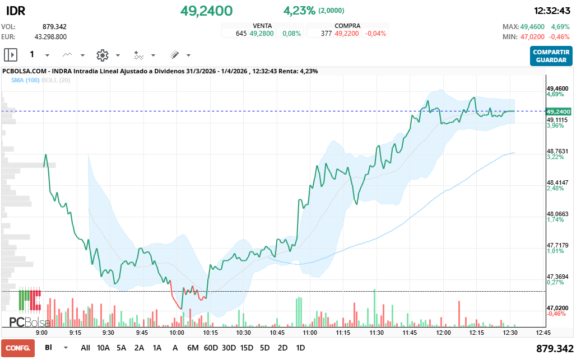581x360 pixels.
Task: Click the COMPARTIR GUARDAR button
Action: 551,56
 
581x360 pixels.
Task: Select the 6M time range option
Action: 193,348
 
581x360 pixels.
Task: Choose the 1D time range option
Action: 300,348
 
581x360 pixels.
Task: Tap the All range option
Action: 85,348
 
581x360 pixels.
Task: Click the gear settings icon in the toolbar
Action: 103,55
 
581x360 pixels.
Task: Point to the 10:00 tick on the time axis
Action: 176,333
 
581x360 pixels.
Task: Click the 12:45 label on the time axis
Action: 543,333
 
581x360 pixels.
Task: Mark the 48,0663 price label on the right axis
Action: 557,214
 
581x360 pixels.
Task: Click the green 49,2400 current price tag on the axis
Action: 559,111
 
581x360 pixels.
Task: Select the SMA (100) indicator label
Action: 25,80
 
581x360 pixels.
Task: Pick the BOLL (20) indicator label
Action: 55,80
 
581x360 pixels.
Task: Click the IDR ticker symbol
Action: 16,11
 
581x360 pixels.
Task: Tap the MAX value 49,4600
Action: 532,27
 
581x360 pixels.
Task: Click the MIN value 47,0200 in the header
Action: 532,36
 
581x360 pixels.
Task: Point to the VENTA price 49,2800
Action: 262,34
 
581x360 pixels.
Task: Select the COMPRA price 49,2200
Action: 347,34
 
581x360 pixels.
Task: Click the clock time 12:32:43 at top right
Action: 552,11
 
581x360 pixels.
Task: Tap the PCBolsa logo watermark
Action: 30,307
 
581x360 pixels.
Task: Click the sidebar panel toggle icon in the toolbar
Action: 11,55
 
